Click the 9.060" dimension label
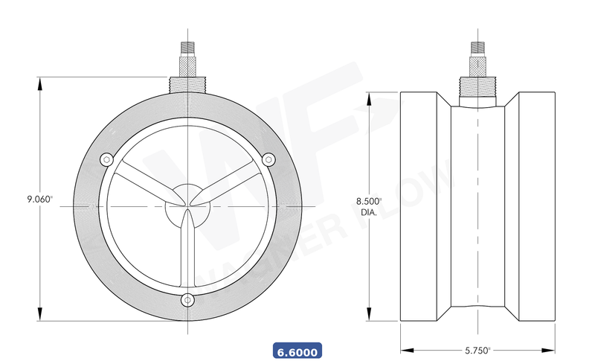pos(39,199)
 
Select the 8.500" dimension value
pos(368,201)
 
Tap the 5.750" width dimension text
pos(477,349)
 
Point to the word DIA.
pos(368,212)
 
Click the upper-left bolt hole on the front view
pos(106,159)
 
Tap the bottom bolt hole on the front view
pos(187,300)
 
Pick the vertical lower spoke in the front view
pos(187,253)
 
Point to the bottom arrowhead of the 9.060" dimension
pos(39,316)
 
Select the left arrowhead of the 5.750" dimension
pos(406,349)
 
